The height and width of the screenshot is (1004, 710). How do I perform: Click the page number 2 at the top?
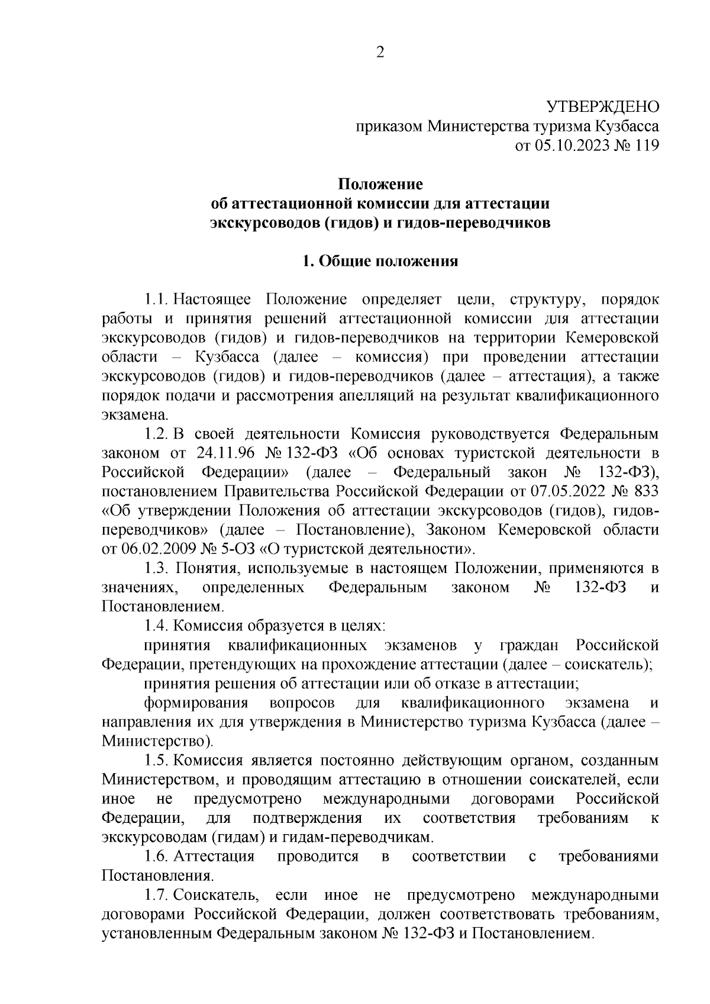[380, 53]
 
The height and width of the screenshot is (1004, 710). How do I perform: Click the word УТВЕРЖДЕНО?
[602, 107]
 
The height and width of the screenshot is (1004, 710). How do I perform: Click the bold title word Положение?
[380, 184]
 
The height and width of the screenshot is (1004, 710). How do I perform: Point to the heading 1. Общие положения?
[380, 262]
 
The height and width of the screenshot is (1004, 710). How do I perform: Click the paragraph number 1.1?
[157, 300]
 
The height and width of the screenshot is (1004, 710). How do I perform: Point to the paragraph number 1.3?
[158, 568]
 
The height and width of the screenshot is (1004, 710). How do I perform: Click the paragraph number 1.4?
[157, 626]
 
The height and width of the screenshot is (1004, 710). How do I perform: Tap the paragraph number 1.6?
[157, 857]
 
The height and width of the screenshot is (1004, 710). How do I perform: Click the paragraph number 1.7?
[157, 895]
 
